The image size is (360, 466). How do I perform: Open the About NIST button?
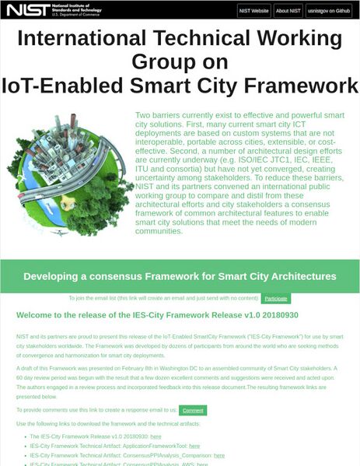click(288, 11)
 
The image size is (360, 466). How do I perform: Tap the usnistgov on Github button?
click(330, 11)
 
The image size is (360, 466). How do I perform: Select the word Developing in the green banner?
click(57, 276)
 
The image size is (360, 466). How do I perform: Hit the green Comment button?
click(192, 410)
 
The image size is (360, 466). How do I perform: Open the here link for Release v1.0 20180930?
click(156, 436)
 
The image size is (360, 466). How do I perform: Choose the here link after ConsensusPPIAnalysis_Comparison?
click(218, 455)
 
